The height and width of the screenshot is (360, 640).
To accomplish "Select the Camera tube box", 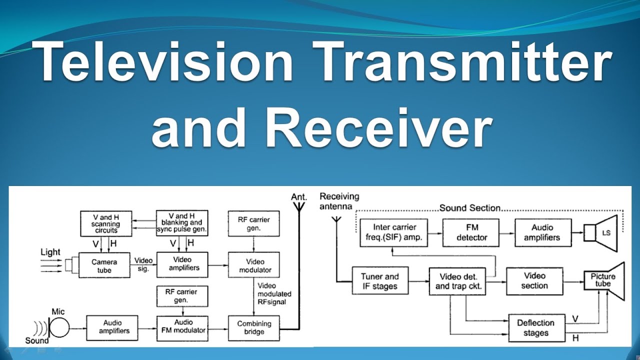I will [104, 265].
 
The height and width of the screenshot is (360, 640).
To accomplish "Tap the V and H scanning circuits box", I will [106, 223].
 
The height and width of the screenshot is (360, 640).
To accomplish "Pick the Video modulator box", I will [253, 265].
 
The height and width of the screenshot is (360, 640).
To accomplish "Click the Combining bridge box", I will [254, 327].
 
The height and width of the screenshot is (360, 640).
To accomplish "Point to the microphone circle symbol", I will [59, 328].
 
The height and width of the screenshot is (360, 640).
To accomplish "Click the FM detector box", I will [471, 233].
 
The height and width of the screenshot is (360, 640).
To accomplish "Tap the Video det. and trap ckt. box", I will [458, 281].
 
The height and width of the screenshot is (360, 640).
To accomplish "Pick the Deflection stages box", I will [535, 328].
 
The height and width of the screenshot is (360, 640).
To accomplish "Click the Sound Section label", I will [469, 207].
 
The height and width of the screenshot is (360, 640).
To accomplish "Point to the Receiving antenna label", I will [339, 201].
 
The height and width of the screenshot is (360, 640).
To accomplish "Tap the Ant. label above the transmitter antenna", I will [298, 197].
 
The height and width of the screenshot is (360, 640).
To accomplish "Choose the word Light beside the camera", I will [50, 252].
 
